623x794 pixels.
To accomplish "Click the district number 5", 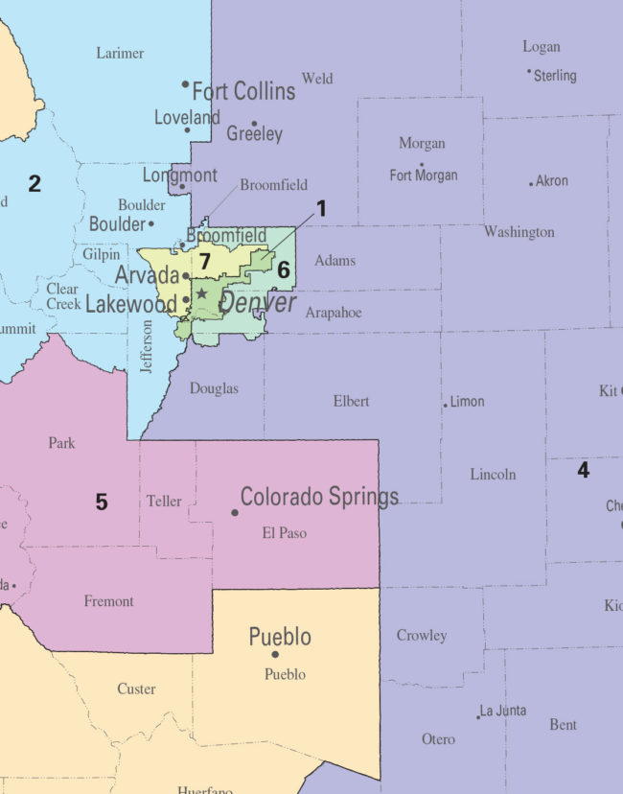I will [101, 502].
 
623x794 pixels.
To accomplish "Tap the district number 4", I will [583, 470].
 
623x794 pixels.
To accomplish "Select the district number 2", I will [35, 183].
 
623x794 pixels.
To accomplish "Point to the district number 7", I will [204, 261].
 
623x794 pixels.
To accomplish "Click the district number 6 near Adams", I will [284, 270].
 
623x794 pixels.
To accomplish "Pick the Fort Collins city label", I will [243, 92].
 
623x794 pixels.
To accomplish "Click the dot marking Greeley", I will [254, 124].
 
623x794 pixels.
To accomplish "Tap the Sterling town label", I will [555, 75].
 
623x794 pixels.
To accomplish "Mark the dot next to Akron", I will [531, 183].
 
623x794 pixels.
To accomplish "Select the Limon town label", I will [467, 402].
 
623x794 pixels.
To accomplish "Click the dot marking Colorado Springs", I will [235, 512].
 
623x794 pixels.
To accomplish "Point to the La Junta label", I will [504, 711].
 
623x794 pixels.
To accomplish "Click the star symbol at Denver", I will [201, 292].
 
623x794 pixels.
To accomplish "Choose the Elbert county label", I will [351, 401].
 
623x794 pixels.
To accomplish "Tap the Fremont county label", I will [109, 601].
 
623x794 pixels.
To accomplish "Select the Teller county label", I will [164, 501].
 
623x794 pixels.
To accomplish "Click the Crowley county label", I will [422, 635].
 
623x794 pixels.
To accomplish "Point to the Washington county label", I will [519, 232].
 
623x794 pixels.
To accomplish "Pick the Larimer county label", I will [120, 54].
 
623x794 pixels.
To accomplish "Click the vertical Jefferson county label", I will [146, 346].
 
